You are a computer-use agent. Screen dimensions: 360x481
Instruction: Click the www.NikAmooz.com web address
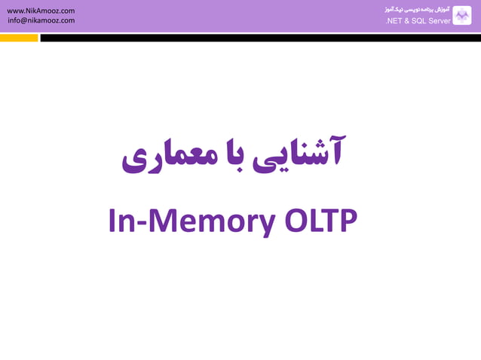pyautogui.click(x=41, y=11)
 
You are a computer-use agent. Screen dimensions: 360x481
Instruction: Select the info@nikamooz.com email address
pyautogui.click(x=41, y=20)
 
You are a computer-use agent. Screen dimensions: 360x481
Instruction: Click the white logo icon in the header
pyautogui.click(x=461, y=16)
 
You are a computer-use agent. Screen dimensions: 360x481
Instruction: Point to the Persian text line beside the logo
pyautogui.click(x=418, y=10)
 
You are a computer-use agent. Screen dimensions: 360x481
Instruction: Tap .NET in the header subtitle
pyautogui.click(x=393, y=21)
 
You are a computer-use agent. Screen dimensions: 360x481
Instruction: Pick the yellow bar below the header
pyautogui.click(x=19, y=38)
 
